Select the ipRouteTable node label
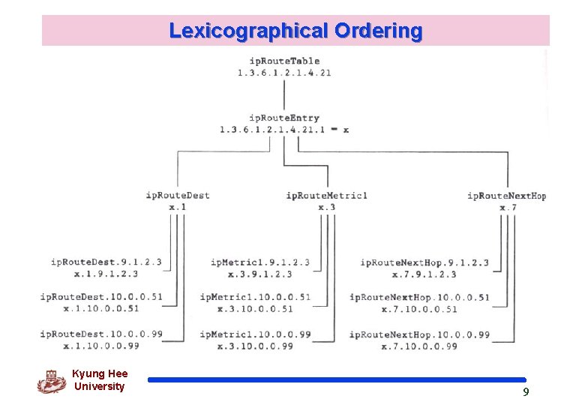tap(284, 61)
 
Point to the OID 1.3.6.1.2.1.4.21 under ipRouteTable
tap(284, 73)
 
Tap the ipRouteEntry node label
tap(284, 118)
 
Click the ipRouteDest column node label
tap(178, 196)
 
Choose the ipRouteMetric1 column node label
tap(326, 196)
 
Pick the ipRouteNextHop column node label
tap(506, 196)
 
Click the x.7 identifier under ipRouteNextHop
tap(508, 207)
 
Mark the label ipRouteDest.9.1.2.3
tap(106, 262)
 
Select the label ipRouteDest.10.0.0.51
tap(101, 297)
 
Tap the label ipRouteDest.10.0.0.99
tap(101, 334)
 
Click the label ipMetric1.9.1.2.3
tap(259, 262)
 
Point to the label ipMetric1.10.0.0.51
tap(255, 297)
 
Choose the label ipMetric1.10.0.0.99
tap(255, 334)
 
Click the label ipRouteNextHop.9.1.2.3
tap(424, 262)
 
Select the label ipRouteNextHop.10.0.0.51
tap(419, 297)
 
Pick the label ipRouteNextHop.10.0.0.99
tap(419, 334)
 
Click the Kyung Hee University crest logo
tap(51, 381)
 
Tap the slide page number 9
tap(526, 392)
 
